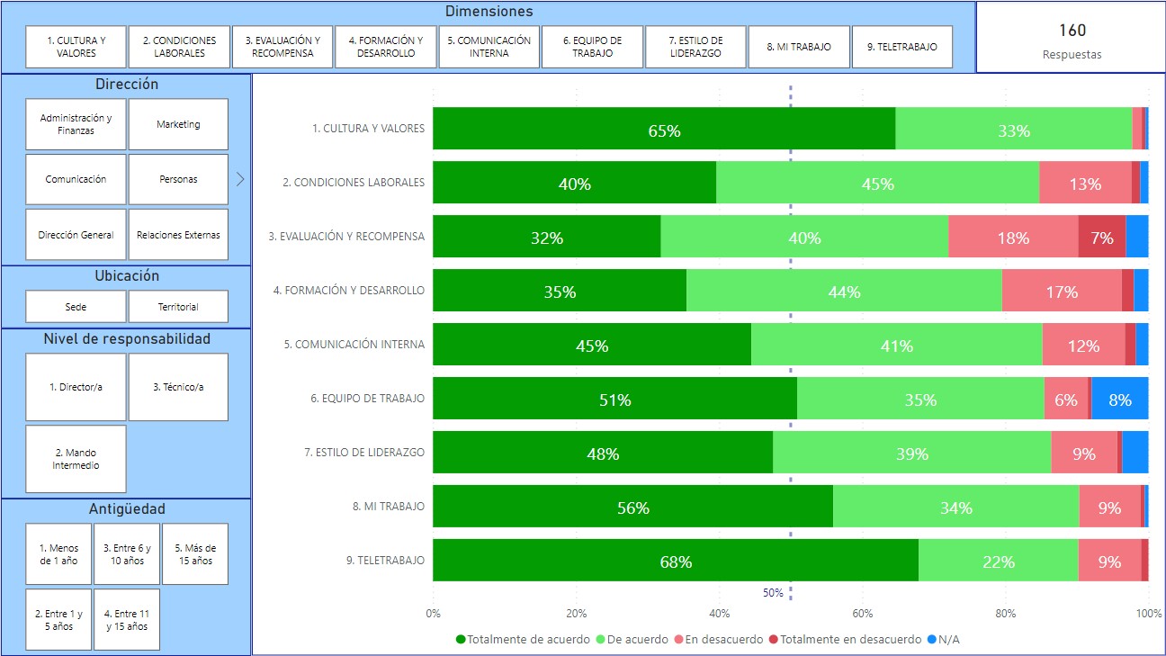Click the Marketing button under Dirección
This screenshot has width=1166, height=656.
[178, 124]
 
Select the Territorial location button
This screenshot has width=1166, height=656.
[178, 307]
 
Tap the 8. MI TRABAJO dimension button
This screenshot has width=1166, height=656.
[799, 47]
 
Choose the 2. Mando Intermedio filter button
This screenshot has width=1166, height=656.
[76, 459]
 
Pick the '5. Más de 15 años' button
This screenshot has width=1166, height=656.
[195, 554]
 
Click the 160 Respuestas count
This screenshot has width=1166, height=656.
[1071, 40]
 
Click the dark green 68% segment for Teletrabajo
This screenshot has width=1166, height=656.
[675, 562]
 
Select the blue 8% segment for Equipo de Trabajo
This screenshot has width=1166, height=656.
[1120, 400]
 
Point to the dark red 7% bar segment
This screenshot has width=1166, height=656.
[1102, 238]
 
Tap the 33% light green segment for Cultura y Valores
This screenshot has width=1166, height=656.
[1013, 130]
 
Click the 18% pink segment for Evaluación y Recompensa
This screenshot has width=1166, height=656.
[1013, 238]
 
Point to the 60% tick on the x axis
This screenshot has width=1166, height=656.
[863, 614]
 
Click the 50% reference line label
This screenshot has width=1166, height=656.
[773, 593]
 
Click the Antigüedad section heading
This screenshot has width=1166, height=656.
[126, 509]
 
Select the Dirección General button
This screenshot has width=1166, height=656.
[76, 235]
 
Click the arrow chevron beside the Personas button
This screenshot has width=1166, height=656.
[239, 179]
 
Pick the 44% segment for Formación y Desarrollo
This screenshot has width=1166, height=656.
[844, 292]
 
